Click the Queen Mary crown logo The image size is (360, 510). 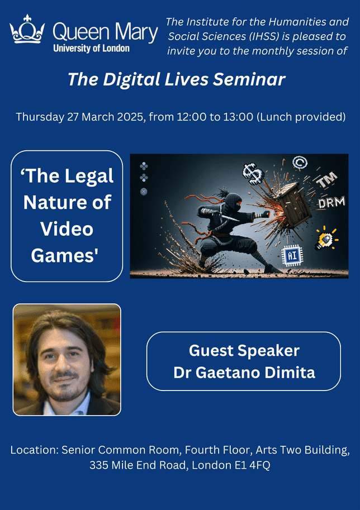coord(27,29)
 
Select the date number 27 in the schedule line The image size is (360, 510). coord(73,117)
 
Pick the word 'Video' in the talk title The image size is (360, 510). coord(67,229)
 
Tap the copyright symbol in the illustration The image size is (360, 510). coord(300,162)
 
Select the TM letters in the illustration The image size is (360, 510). coord(326,181)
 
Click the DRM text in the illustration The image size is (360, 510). coord(331,203)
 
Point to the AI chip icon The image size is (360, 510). coord(292,256)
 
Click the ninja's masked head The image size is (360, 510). coord(232,201)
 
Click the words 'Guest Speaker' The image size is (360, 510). coord(244,351)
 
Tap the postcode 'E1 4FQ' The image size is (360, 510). coord(253,465)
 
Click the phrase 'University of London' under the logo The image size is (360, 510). coord(92,49)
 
